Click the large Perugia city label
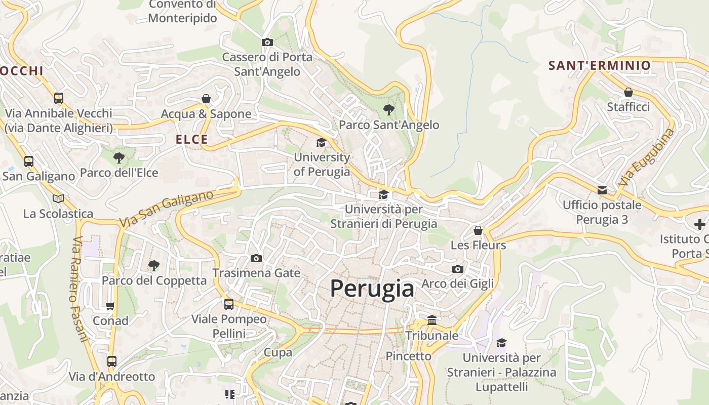[372, 289]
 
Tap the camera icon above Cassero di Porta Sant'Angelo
[267, 43]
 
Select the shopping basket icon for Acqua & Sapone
[206, 98]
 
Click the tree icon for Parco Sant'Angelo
[388, 109]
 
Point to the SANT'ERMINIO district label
[600, 65]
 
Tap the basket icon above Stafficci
[628, 92]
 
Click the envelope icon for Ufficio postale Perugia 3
[602, 190]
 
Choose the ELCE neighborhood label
[192, 140]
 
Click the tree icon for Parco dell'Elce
[119, 158]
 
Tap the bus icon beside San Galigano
[29, 161]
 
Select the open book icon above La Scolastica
[58, 198]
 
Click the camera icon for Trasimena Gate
[256, 259]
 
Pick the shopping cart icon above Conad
[110, 306]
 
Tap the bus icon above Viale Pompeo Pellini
[229, 304]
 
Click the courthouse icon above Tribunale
[432, 320]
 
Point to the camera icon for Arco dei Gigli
[458, 269]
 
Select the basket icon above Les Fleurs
[478, 230]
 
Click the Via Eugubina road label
[647, 157]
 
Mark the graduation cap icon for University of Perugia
[321, 142]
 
